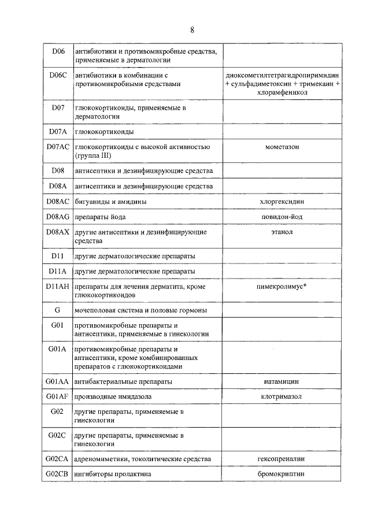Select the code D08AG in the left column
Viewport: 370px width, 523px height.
pyautogui.click(x=57, y=217)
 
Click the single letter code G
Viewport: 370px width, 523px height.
pyautogui.click(x=57, y=310)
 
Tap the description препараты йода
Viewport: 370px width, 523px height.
pyautogui.click(x=100, y=217)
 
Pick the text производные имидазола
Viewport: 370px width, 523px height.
pyautogui.click(x=113, y=396)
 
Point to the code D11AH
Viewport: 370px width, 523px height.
pyautogui.click(x=57, y=286)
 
